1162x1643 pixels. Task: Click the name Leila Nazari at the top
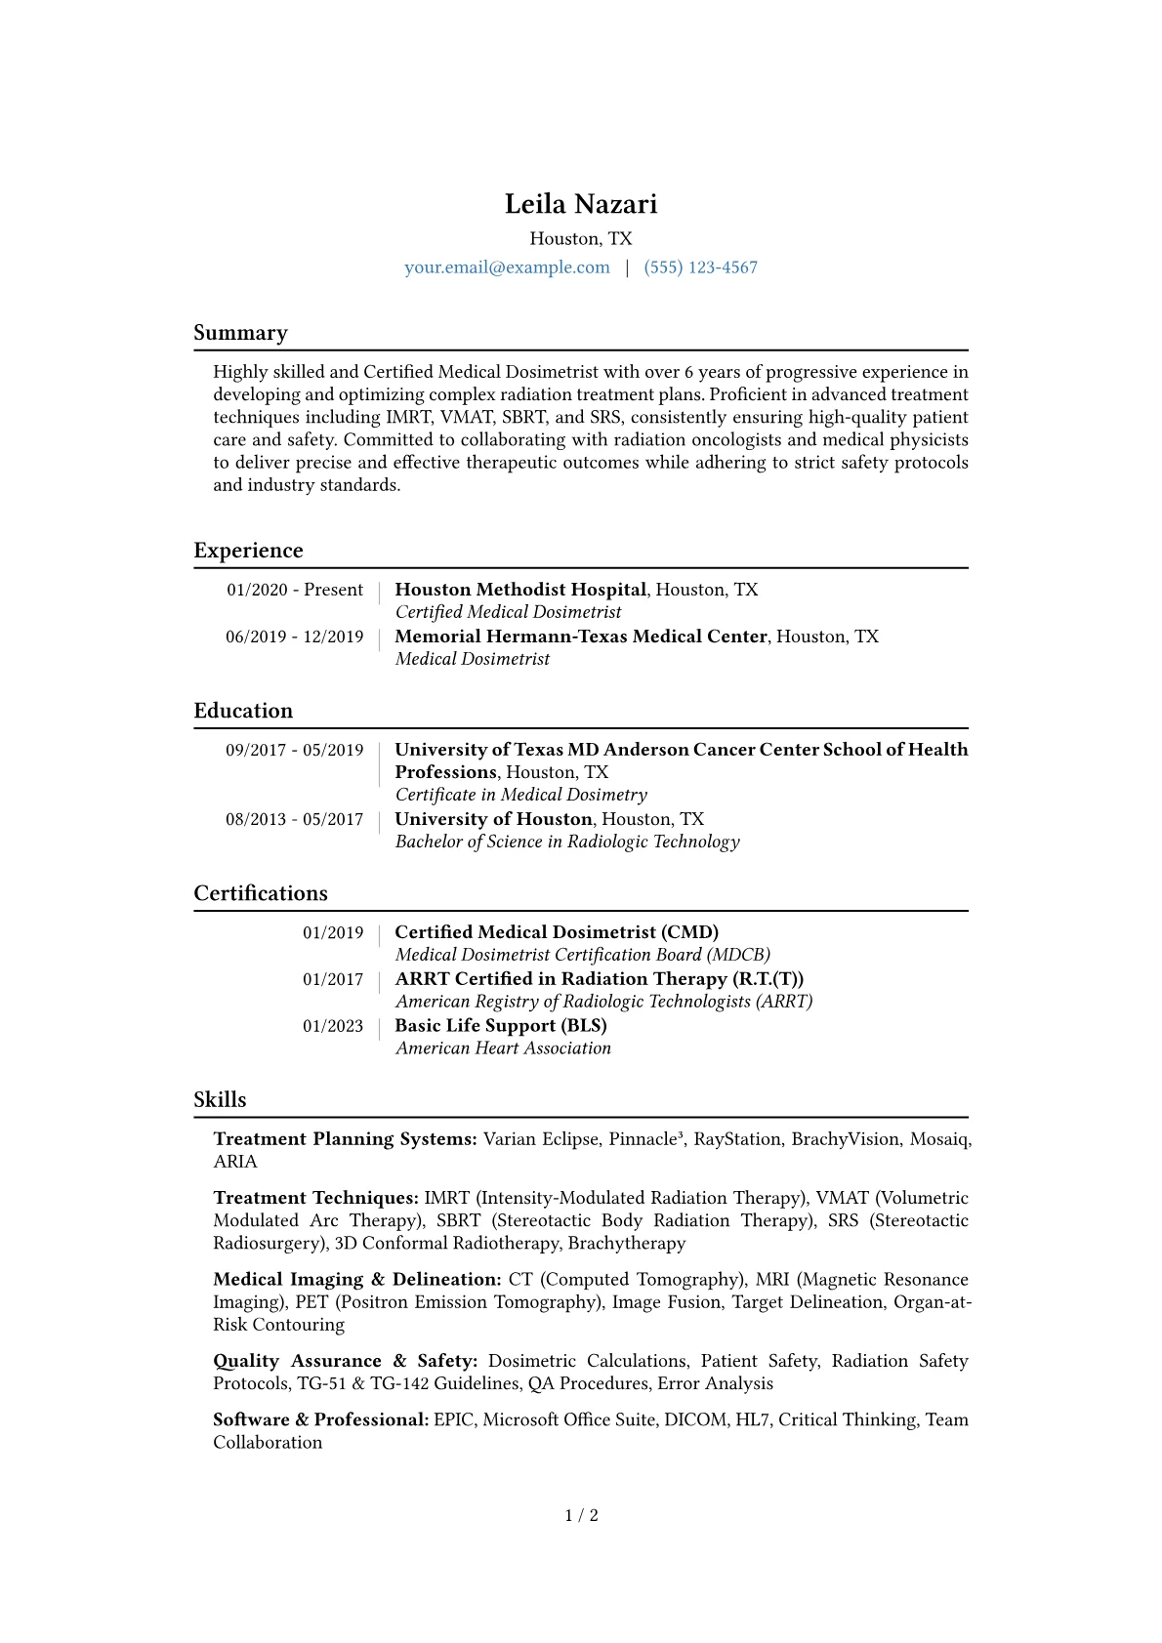(581, 204)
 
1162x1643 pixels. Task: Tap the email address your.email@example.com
(507, 267)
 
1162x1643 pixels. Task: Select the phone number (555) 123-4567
(700, 267)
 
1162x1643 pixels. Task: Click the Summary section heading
(240, 333)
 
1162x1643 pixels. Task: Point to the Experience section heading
(248, 551)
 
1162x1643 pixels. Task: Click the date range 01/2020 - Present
(295, 590)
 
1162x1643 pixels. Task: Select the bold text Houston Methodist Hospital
(520, 590)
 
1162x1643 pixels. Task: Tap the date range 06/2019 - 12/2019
(294, 637)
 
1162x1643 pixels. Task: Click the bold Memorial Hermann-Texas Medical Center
(580, 637)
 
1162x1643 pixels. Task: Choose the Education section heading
(243, 711)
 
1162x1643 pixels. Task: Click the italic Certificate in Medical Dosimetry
(520, 795)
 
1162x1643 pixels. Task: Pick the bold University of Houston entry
(493, 819)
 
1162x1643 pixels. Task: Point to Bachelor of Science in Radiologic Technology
(567, 842)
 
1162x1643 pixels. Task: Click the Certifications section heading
(261, 893)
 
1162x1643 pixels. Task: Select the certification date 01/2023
(332, 1026)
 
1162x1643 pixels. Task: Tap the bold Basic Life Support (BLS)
(501, 1026)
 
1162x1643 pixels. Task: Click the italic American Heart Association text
(503, 1048)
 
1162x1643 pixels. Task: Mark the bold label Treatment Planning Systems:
(345, 1139)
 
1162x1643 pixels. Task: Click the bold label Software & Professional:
(321, 1420)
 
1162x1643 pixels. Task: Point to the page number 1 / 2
(581, 1516)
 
